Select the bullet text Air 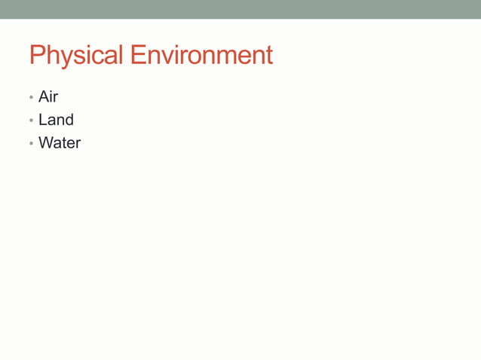[x=48, y=97]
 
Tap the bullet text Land [x=56, y=120]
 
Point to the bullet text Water [x=60, y=142]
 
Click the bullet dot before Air [x=31, y=98]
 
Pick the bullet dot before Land [x=31, y=121]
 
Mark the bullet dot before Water [x=31, y=143]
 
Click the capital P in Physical [x=36, y=56]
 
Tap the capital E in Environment [x=137, y=56]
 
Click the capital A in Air [x=44, y=97]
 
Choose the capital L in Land [x=42, y=120]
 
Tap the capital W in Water [x=45, y=142]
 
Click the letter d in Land [x=69, y=120]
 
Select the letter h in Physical [x=50, y=56]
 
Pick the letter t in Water [x=62, y=142]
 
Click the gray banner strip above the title [x=240, y=9]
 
